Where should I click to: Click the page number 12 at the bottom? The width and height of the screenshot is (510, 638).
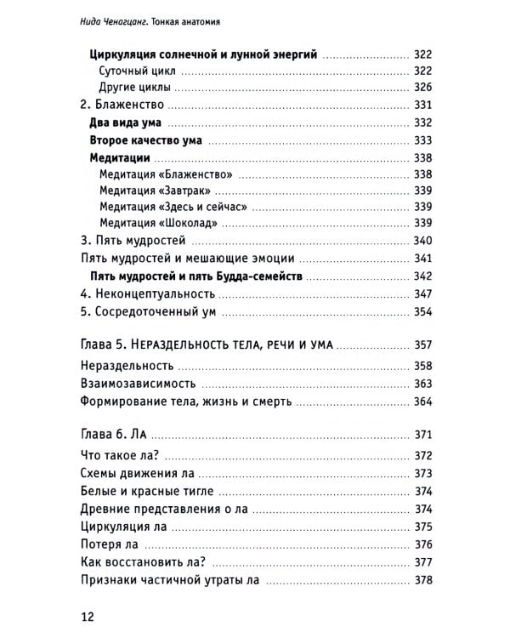[88, 615]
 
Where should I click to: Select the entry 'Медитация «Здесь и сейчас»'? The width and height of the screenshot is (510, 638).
[178, 207]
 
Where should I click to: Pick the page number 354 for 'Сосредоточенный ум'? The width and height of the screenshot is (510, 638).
[423, 312]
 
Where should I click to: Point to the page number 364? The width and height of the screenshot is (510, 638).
[423, 402]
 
